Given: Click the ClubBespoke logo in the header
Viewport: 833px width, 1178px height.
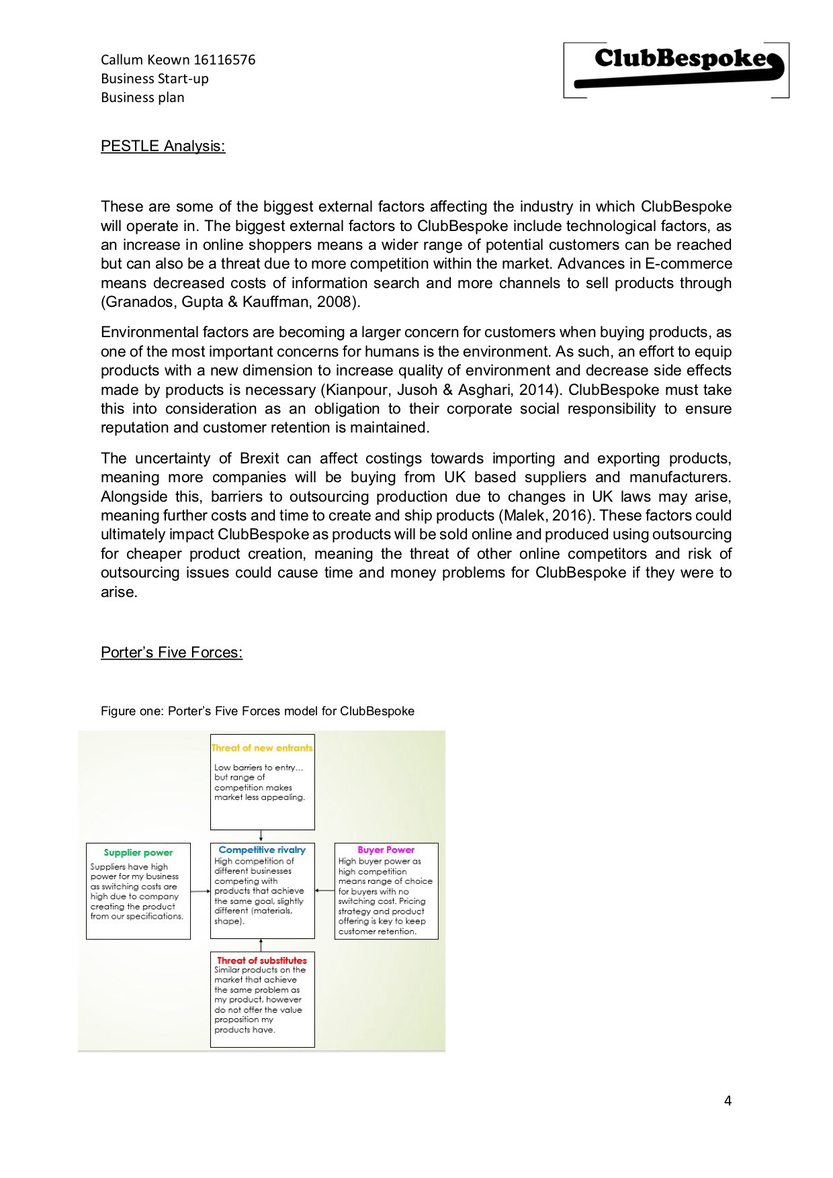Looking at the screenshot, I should (676, 70).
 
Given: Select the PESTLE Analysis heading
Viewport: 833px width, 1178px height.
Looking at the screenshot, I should (163, 146).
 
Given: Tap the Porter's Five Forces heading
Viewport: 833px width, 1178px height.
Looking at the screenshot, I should (171, 652).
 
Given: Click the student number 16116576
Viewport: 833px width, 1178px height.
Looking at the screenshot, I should (224, 60).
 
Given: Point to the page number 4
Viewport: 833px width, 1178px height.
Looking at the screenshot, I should (728, 1100).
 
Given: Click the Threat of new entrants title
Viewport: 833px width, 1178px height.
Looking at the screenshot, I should (262, 747).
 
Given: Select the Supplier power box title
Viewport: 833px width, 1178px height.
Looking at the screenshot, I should (138, 852).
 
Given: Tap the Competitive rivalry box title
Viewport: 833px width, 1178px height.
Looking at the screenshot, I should (262, 850).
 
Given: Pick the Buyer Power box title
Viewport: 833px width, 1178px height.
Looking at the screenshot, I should (386, 850).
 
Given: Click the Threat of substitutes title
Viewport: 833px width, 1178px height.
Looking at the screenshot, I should (262, 960).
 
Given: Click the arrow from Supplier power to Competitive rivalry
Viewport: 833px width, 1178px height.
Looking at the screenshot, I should (200, 891).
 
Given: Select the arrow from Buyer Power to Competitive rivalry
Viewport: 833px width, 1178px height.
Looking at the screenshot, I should (324, 891).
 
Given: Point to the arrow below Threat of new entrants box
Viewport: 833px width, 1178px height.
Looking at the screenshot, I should (262, 836).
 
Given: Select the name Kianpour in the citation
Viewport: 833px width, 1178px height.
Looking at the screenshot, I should (356, 390).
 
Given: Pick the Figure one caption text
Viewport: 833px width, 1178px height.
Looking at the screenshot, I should (257, 711).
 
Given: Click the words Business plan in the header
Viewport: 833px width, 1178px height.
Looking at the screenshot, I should (142, 97).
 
